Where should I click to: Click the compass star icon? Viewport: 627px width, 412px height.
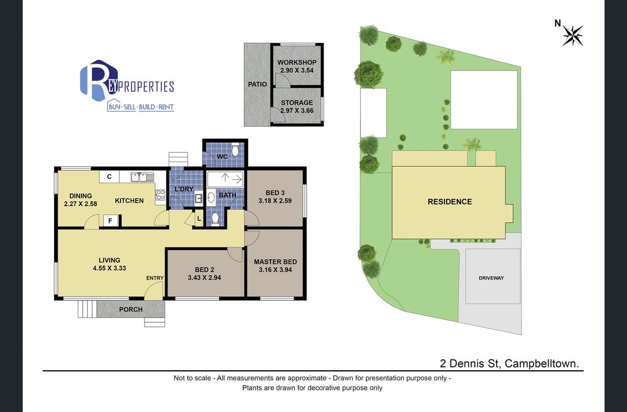(x=572, y=36)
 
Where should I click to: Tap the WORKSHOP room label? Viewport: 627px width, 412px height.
(x=297, y=62)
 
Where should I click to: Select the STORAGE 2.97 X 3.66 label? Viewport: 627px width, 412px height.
(x=297, y=107)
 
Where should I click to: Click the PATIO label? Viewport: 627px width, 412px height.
(x=257, y=84)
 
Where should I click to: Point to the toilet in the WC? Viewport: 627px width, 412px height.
(x=235, y=149)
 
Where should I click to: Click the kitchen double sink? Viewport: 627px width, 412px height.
(x=142, y=177)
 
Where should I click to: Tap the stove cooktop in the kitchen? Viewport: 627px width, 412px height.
(x=160, y=195)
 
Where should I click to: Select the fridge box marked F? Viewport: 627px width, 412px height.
(x=110, y=220)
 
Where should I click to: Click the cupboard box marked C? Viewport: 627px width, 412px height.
(x=109, y=177)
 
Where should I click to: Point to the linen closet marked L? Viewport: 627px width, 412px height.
(x=199, y=218)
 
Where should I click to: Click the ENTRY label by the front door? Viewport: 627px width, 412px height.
(x=155, y=278)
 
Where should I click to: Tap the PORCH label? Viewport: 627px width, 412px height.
(x=131, y=310)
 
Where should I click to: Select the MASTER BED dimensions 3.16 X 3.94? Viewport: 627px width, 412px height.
(x=275, y=270)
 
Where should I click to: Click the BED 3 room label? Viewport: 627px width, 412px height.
(x=275, y=193)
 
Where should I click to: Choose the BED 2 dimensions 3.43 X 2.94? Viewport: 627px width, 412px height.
(x=204, y=278)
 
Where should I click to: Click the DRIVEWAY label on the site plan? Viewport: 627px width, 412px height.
(x=491, y=278)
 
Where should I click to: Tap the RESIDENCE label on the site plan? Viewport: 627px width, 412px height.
(x=450, y=201)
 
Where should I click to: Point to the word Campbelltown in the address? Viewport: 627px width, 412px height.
(x=542, y=364)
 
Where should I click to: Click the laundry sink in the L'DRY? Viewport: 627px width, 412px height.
(x=199, y=198)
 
